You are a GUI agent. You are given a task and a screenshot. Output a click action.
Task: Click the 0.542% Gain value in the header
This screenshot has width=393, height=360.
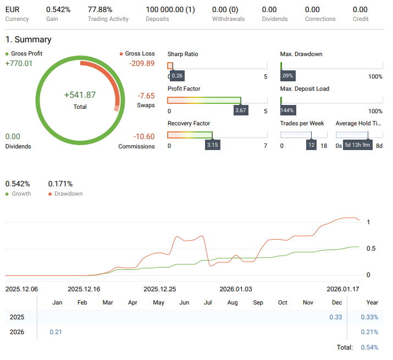coord(58,9)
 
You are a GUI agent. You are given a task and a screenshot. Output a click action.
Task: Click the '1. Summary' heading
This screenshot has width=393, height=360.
coord(29,40)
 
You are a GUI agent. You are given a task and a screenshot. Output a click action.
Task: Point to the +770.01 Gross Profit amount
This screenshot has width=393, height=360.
coord(19,63)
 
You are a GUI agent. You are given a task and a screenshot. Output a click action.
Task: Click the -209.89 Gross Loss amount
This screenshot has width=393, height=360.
coord(142,63)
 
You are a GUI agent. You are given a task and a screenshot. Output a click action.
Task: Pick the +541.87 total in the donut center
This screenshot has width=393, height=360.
coord(80,95)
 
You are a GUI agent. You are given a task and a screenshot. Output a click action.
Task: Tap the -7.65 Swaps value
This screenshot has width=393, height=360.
coord(146,96)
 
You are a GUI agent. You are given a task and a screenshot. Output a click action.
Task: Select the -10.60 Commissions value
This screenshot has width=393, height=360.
coord(144,136)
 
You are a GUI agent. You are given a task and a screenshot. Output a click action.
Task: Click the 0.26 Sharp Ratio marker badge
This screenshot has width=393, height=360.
coord(177,75)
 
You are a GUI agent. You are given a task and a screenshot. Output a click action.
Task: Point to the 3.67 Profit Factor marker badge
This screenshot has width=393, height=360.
coord(241,110)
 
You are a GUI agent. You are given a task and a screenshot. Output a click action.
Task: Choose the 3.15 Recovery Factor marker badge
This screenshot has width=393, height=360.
coord(212,145)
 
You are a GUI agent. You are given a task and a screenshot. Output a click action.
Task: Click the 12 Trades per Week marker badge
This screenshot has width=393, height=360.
coord(311,145)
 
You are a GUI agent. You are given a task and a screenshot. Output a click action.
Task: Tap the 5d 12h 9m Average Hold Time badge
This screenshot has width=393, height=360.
coord(358,145)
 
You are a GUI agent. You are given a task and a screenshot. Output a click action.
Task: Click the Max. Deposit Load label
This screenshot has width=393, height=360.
coord(305,88)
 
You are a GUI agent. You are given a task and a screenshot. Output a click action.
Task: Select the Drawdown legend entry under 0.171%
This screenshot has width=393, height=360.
coord(68,193)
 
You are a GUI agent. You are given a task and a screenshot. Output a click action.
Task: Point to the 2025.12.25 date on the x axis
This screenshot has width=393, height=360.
coord(159,289)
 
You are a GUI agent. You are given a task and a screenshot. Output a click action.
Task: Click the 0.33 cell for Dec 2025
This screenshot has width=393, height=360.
coord(335,317)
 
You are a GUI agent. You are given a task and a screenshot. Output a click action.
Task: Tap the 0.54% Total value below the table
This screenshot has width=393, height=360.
coord(369,347)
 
